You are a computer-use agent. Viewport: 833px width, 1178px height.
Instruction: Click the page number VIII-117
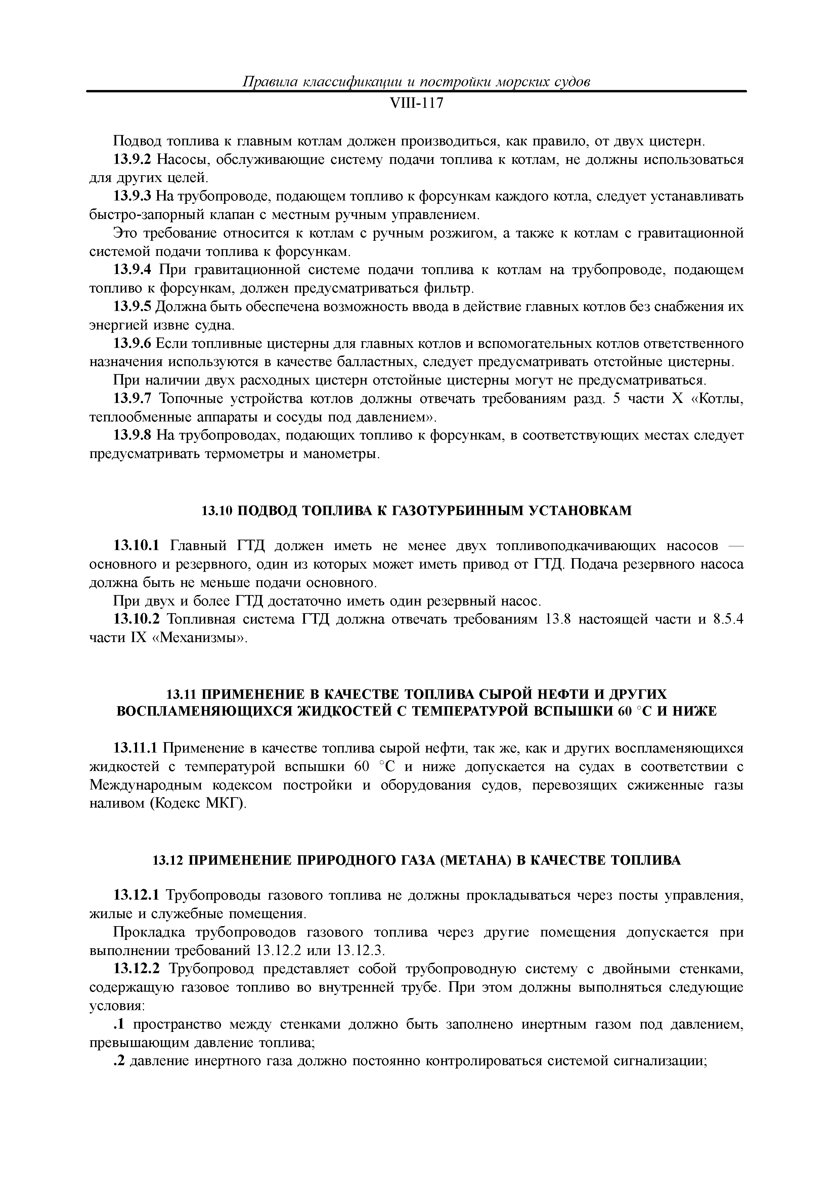pos(416,104)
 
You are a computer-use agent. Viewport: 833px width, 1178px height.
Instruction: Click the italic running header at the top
pos(416,82)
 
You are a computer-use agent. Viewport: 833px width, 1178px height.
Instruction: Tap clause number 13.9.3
pos(132,196)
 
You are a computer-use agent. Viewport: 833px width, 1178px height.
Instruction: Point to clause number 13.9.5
pos(132,307)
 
